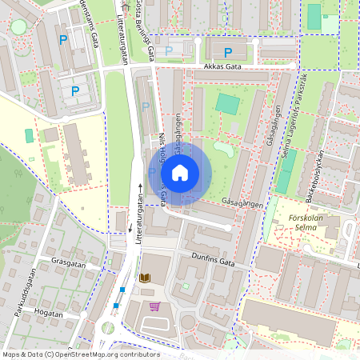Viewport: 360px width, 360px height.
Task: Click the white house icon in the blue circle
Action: pos(180,173)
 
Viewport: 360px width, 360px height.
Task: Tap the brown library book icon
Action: pos(145,278)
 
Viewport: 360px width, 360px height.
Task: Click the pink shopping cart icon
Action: pos(154,306)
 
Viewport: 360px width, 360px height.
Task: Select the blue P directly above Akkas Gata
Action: pos(228,53)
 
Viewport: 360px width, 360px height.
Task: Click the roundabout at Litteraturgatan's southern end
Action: pos(107,328)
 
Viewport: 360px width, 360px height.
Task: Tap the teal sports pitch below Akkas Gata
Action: pos(227,104)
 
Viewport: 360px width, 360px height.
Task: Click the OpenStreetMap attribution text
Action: pos(81,354)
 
